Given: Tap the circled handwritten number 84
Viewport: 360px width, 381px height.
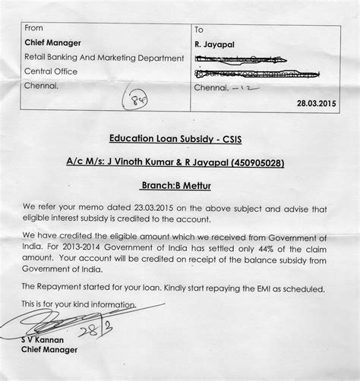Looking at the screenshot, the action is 138,98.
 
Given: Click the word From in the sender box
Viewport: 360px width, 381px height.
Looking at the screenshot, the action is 33,28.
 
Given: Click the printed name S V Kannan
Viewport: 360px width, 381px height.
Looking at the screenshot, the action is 43,340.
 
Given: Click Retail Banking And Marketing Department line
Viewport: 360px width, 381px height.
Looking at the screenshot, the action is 105,57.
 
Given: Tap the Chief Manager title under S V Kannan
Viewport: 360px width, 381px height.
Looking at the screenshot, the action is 50,350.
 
